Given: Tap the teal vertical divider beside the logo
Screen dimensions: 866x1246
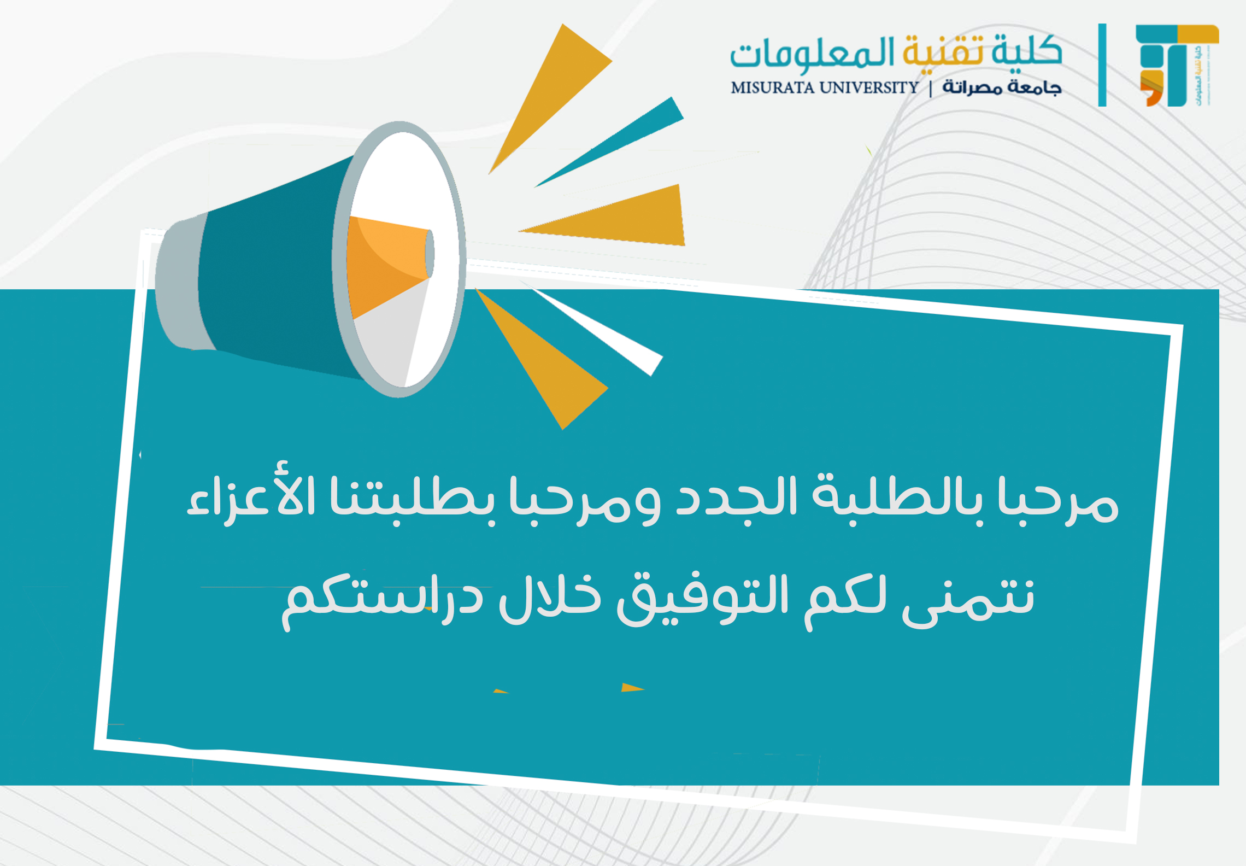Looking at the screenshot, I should coord(1102,65).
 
